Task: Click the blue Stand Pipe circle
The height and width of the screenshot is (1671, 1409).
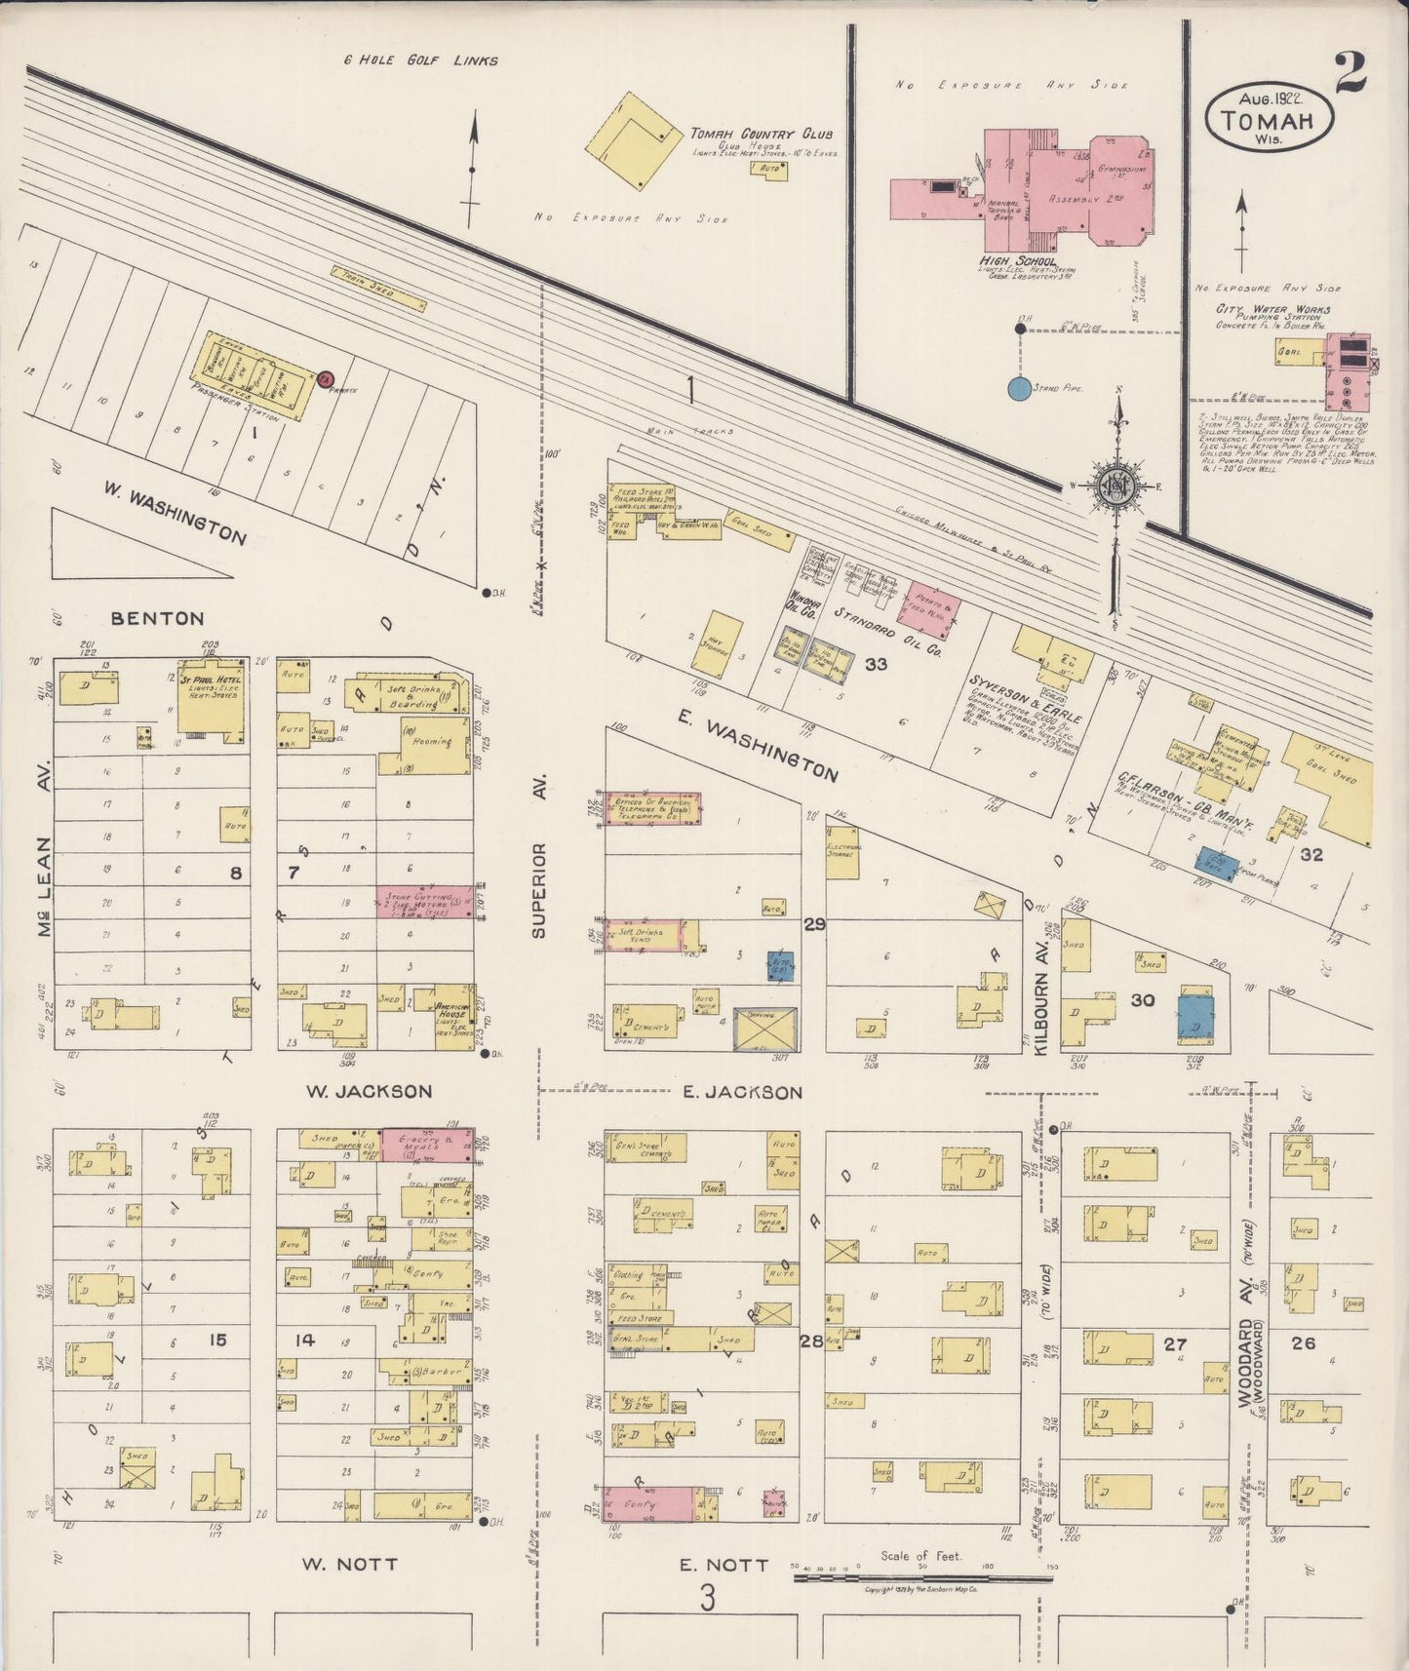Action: (1019, 389)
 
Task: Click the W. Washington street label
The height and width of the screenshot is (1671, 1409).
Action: (175, 514)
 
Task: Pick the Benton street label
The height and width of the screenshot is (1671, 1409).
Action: (157, 618)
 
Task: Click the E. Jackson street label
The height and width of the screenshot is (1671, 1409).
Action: (741, 1092)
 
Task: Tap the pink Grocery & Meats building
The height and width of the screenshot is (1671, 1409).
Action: (427, 1145)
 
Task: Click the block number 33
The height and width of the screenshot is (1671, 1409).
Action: (875, 664)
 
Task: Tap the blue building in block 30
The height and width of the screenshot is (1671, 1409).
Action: (1196, 1016)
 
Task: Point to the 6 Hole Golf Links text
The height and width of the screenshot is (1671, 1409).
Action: (421, 60)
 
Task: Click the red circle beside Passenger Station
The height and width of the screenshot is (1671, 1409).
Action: (326, 378)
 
